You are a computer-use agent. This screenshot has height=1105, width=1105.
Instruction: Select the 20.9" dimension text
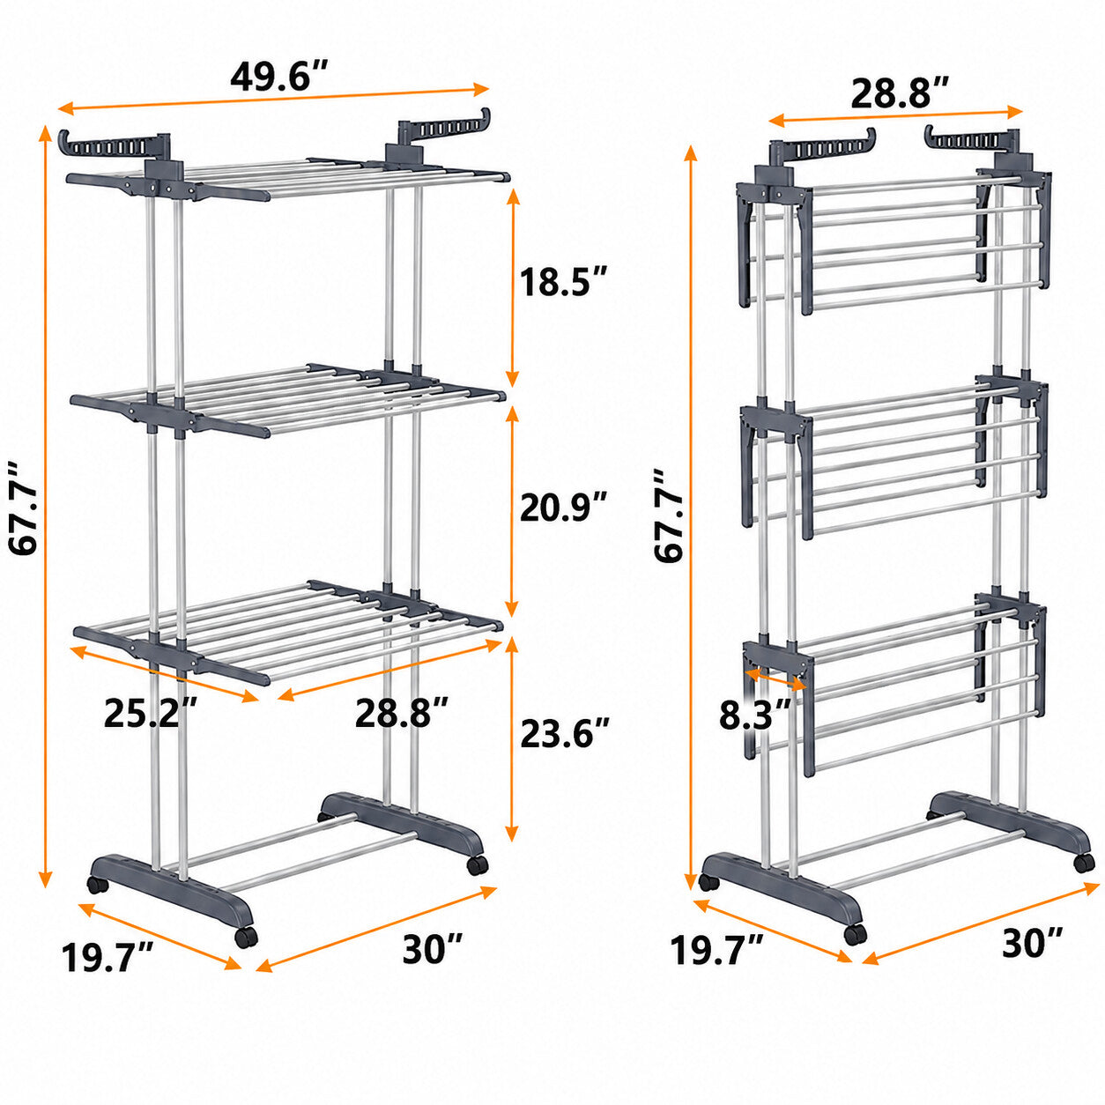pos(562,507)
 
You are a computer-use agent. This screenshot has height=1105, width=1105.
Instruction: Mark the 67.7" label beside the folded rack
pos(669,515)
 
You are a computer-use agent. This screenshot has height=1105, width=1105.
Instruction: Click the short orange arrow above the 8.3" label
pos(775,679)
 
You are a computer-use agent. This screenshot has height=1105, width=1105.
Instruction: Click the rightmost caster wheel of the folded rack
pos(1083,862)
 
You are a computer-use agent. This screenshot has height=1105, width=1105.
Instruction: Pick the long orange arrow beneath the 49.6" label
pos(274,98)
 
